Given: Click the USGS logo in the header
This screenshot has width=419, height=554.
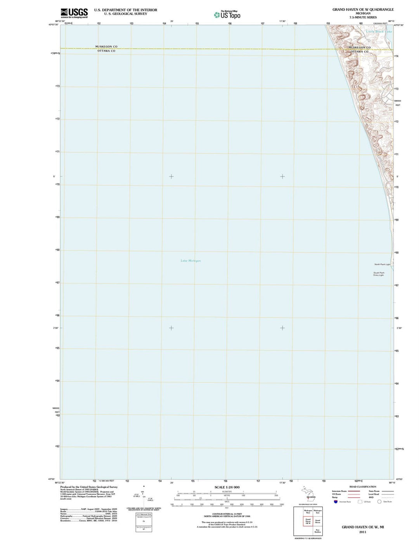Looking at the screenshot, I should click(x=74, y=13).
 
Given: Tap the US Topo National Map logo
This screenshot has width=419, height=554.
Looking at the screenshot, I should click(x=227, y=15).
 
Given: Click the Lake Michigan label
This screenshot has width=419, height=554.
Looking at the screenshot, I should click(x=190, y=261).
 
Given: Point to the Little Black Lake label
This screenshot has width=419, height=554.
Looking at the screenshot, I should click(x=379, y=31).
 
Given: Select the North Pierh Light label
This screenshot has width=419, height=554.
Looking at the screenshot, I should click(x=382, y=265).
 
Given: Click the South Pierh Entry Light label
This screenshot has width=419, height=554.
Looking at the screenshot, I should click(x=379, y=274).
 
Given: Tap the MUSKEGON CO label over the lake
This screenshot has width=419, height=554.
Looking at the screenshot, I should click(x=106, y=47).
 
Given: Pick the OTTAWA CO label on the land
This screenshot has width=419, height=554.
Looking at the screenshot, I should click(x=359, y=51).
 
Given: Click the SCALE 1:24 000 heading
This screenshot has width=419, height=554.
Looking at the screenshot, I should click(x=227, y=487).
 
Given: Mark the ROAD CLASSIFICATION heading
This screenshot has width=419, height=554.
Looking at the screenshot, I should click(x=363, y=486).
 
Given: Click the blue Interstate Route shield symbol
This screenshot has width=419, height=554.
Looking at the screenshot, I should click(x=336, y=502).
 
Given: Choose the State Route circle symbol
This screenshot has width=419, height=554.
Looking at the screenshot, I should click(x=379, y=502).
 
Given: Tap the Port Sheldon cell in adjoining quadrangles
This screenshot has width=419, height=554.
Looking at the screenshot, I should click(x=317, y=531).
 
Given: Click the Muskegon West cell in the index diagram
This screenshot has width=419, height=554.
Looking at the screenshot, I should click(x=308, y=512).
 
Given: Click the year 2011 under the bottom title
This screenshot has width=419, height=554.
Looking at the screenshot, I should click(x=362, y=532).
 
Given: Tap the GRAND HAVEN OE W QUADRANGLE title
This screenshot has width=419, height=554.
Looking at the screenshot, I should click(x=363, y=9).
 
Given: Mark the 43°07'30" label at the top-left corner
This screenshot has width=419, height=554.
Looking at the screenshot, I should click(x=53, y=25).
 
